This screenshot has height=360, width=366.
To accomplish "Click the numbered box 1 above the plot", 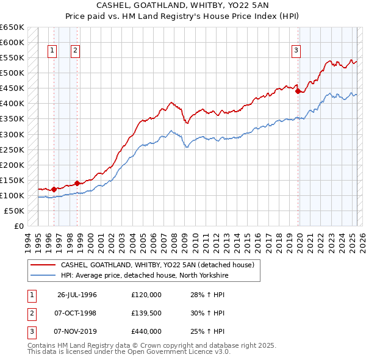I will (52, 51).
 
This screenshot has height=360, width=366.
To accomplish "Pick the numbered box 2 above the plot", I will (75, 51).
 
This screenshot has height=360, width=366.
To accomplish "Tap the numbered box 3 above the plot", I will (296, 51).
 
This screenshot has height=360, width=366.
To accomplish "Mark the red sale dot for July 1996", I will (54, 189).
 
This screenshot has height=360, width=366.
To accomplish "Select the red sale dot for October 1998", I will (77, 183).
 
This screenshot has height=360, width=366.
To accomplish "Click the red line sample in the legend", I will (43, 265).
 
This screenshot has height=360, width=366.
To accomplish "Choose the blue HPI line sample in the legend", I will (43, 276).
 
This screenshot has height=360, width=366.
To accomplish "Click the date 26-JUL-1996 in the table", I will (77, 295).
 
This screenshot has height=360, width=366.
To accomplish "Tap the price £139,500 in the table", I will (146, 313).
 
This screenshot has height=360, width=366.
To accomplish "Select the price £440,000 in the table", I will (146, 331).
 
